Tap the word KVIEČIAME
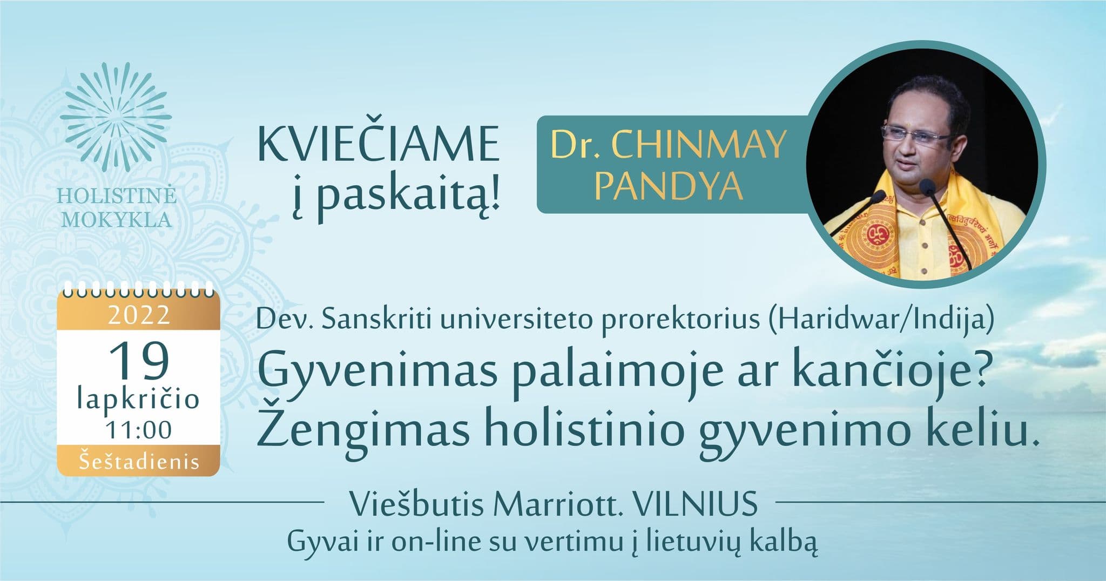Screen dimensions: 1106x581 point(378,144)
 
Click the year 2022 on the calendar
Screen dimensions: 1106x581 point(139,315)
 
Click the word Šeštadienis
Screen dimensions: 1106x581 point(139,462)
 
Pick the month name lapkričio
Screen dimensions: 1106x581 point(139,400)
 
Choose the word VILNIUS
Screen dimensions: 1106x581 point(696,505)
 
